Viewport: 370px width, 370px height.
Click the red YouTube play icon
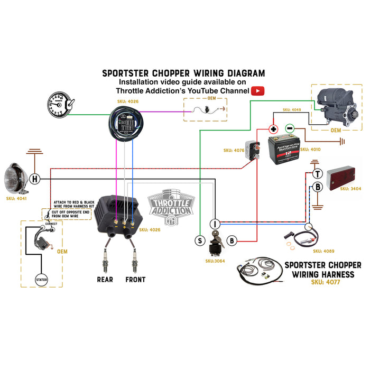coord(257,91)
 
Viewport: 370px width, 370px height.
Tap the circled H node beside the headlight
coord(35,179)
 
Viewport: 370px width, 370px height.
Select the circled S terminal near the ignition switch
coord(200,240)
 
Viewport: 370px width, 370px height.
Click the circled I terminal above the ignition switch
coord(216,224)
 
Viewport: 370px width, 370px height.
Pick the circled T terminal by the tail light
coord(317,174)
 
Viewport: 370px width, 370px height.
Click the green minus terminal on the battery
coord(290,128)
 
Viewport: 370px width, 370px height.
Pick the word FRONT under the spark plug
coord(135,279)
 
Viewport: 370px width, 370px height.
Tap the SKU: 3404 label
coord(351,189)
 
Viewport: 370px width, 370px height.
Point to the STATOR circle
coord(41,279)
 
